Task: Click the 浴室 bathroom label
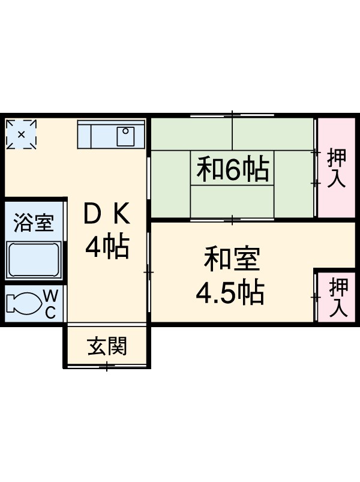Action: pos(34,222)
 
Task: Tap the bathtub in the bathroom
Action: pos(34,260)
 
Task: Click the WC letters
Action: pos(51,303)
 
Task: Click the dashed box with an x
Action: pos(21,134)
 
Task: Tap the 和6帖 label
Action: pos(233,170)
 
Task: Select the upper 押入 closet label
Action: pos(337,169)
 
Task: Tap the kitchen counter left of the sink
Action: pos(96,135)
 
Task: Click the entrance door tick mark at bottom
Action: pos(107,366)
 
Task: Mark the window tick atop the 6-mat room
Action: pos(233,114)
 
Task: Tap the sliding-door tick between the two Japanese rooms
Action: pos(233,220)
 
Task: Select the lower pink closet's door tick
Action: pos(315,297)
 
